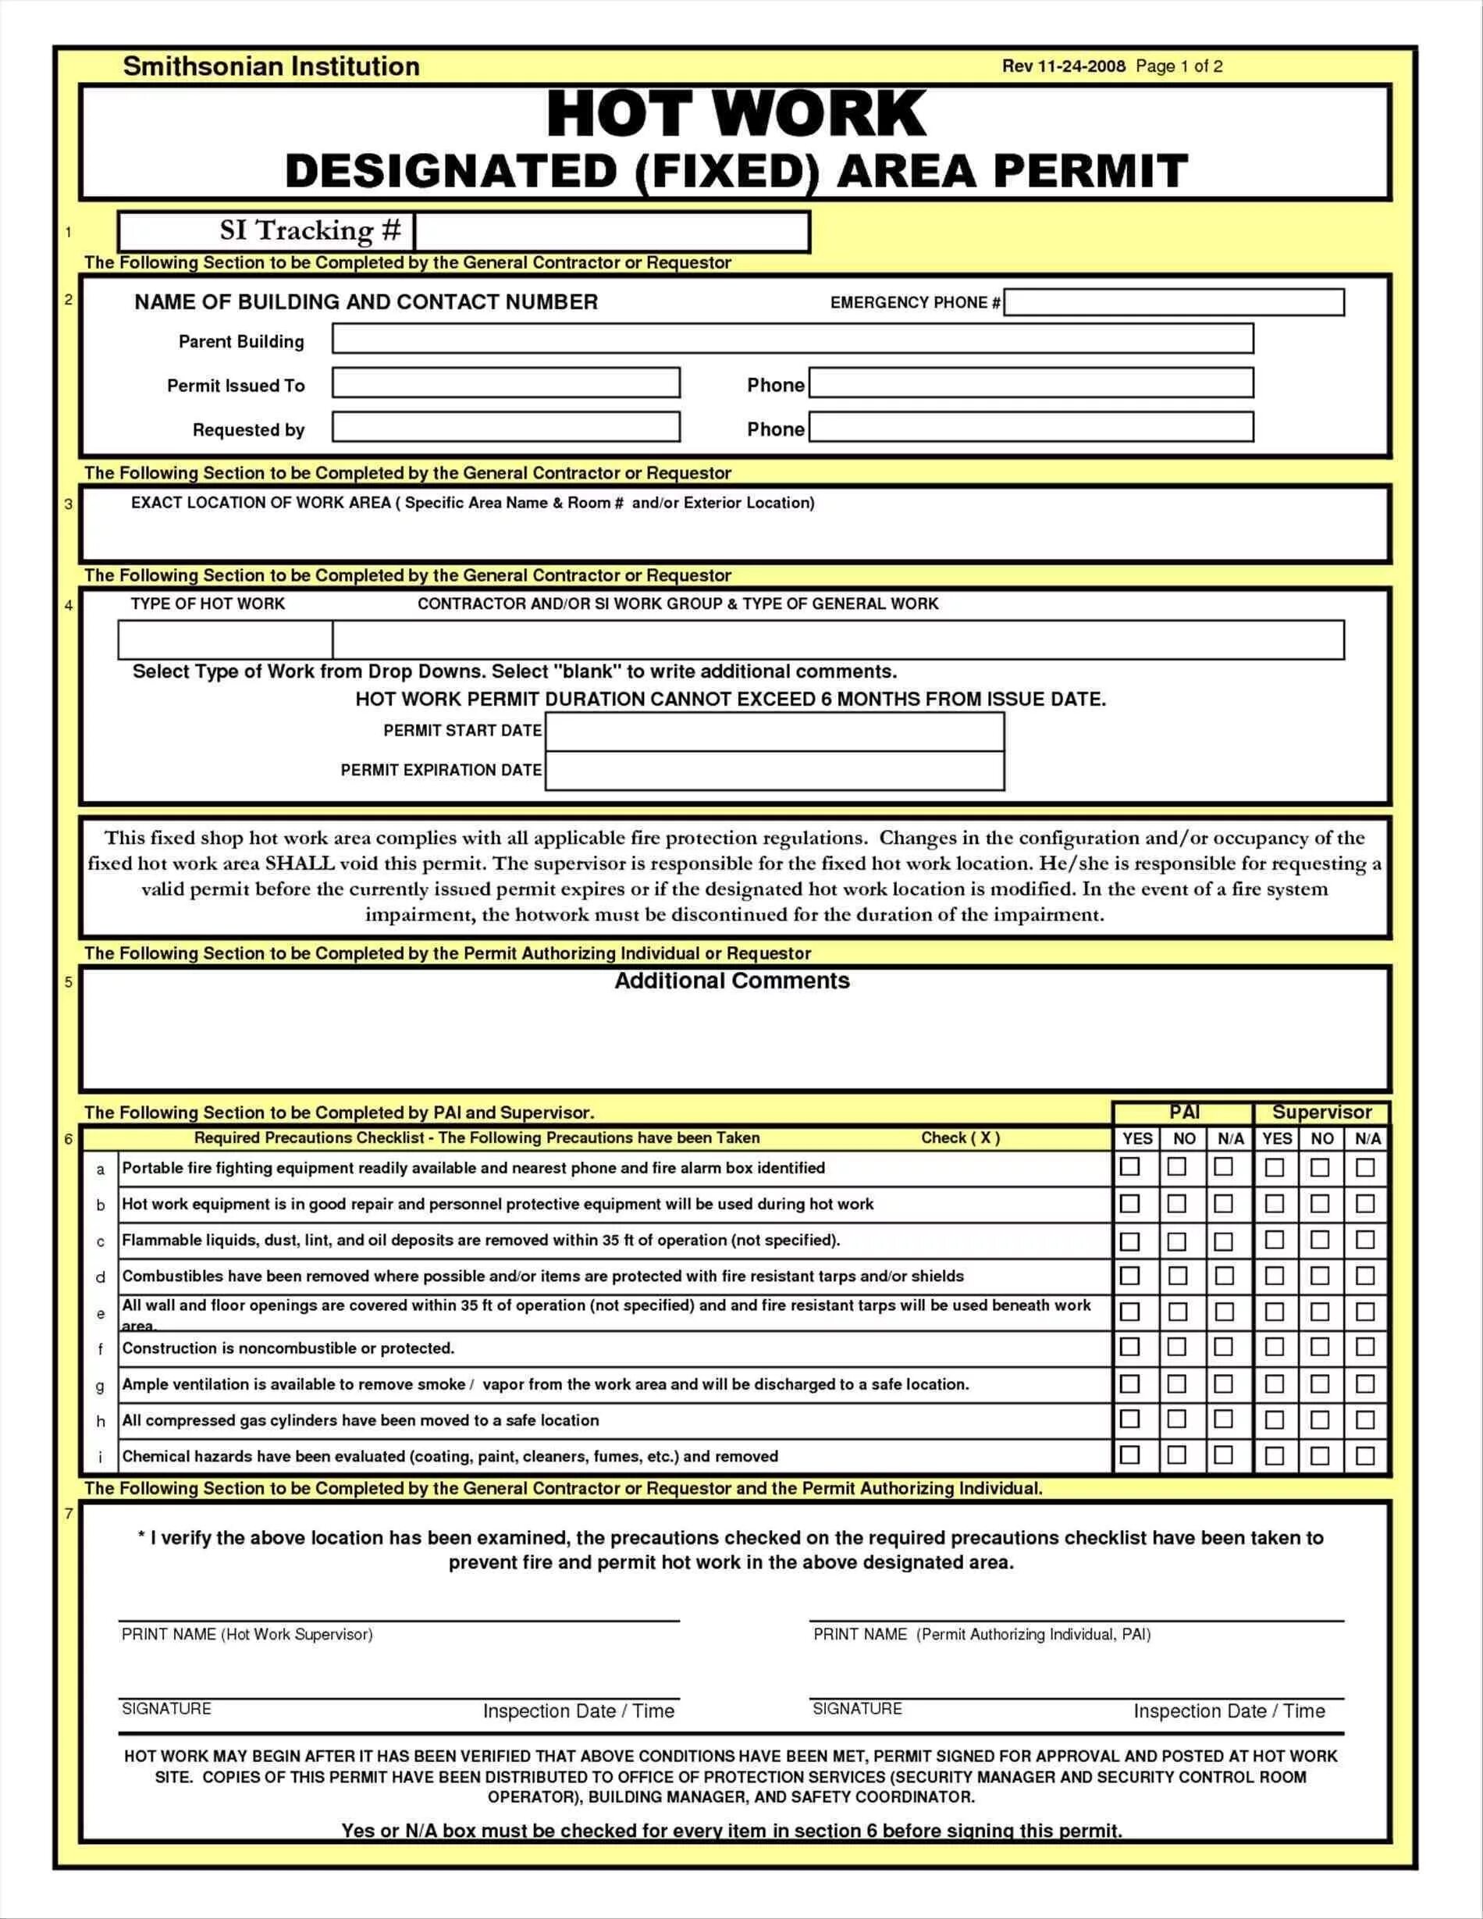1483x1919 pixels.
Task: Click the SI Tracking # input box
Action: tap(611, 233)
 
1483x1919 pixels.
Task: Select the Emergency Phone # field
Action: tap(1174, 302)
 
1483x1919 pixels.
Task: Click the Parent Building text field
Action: tap(792, 339)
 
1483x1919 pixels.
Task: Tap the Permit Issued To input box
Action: tap(506, 383)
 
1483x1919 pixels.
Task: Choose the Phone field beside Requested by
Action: tap(1031, 428)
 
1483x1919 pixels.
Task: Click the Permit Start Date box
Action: tap(775, 732)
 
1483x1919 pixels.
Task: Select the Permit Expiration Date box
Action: tap(775, 771)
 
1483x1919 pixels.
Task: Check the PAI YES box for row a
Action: tap(1131, 1167)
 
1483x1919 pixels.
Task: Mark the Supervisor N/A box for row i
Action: tap(1365, 1456)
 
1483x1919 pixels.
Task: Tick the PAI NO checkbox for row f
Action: tap(1177, 1347)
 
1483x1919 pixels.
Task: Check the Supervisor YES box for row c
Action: tap(1275, 1240)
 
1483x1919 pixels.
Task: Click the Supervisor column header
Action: tap(1322, 1113)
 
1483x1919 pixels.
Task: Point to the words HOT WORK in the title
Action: tap(736, 114)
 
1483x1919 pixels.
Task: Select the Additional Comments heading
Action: tap(732, 981)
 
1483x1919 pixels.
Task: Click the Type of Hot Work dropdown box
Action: tap(225, 639)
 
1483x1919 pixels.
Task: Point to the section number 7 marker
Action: tap(69, 1514)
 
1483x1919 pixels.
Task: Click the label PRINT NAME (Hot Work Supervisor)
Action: tap(247, 1634)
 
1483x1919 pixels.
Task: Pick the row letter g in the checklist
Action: tap(100, 1386)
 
